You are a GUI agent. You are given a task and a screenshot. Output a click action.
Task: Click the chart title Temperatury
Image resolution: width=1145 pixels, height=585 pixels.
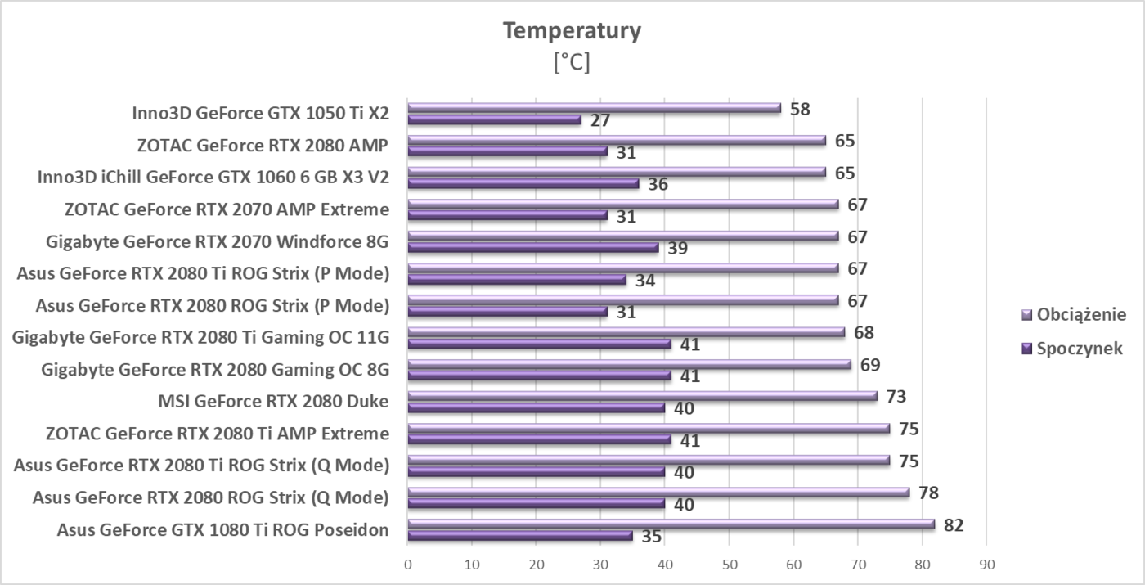[x=572, y=31]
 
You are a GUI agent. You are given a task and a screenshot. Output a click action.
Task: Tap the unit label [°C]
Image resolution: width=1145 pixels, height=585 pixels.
[x=572, y=63]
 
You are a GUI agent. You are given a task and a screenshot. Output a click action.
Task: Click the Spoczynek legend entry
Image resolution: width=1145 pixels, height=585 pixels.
[x=1079, y=349]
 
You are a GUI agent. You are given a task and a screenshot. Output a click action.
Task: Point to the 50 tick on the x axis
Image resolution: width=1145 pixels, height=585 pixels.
[x=730, y=564]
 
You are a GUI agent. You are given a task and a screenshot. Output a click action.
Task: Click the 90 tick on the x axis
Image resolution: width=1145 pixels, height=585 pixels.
[x=986, y=564]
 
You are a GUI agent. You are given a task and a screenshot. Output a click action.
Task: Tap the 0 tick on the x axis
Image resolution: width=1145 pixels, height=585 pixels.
[x=408, y=564]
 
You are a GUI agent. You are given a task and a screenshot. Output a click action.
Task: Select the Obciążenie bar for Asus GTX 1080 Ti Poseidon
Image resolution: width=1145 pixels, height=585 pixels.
[x=671, y=524]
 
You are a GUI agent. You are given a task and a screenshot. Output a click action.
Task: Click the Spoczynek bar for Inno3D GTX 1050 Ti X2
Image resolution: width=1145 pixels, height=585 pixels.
[x=494, y=119]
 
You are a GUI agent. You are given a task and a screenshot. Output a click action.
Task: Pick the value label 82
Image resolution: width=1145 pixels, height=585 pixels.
[x=954, y=524]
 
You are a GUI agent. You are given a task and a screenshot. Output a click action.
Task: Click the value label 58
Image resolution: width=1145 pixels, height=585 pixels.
[x=800, y=109]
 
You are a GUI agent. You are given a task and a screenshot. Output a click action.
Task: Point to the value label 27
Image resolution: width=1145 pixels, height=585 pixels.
[x=601, y=121]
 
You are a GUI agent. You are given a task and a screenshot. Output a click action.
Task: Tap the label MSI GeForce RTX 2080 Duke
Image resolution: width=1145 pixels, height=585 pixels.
[x=273, y=401]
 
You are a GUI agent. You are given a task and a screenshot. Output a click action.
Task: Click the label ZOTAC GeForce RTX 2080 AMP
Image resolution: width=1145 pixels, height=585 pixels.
[x=263, y=146]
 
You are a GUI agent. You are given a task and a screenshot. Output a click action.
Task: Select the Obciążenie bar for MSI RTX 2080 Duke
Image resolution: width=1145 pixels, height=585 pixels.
[x=642, y=396]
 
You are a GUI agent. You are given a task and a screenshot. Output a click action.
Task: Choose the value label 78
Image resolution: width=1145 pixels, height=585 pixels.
[x=928, y=493]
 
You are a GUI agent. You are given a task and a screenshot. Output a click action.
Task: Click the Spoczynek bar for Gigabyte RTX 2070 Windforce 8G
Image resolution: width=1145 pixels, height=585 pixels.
[x=532, y=247]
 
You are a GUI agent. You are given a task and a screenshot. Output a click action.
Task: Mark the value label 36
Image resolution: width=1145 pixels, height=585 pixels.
[x=658, y=185]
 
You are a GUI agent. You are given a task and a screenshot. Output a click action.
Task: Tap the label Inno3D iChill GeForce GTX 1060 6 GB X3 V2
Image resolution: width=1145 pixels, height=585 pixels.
[x=213, y=178]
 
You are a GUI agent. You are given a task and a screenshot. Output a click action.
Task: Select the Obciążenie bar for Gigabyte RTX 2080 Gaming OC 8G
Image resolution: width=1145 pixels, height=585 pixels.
[x=629, y=364]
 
